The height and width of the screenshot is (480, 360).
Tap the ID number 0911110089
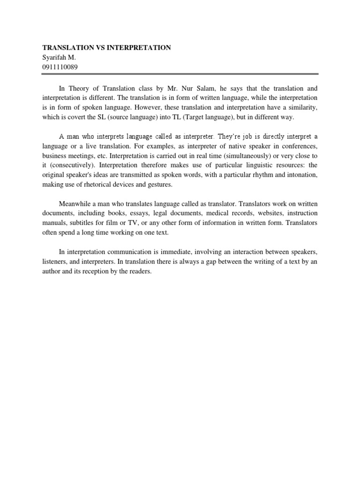[x=60, y=67]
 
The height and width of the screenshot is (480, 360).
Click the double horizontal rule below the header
[x=180, y=74]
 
